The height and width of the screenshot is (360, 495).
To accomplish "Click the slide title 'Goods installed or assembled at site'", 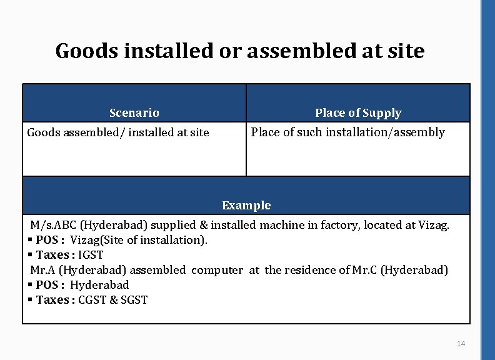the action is coord(239,51).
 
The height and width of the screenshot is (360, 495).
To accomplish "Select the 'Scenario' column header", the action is coord(134,113).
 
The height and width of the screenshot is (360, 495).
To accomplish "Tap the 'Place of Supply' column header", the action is coord(357,113).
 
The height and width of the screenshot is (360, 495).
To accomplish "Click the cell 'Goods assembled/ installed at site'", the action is coord(117,132).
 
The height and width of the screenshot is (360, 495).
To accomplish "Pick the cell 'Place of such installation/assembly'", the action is coord(347,132).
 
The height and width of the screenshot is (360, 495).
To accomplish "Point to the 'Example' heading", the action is coord(246,206).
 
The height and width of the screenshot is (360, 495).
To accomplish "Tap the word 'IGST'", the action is coord(91,255).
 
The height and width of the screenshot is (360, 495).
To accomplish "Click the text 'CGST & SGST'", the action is coord(113,300).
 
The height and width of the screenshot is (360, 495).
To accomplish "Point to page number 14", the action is coord(461,344).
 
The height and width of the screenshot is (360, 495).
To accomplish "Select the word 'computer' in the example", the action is coord(217,270).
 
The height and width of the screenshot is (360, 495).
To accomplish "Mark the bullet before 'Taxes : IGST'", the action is coord(30,255).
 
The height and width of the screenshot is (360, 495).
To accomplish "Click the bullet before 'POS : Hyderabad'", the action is coord(30,285).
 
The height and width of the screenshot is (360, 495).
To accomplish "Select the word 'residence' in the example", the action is coord(310,270).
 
